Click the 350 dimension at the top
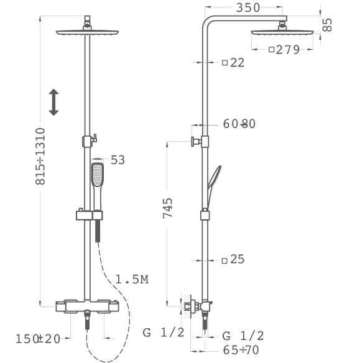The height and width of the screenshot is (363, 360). pyautogui.click(x=247, y=7)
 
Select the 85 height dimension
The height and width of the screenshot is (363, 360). pyautogui.click(x=327, y=25)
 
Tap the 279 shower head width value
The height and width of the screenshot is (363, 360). pyautogui.click(x=288, y=50)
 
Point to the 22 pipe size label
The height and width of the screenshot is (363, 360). pyautogui.click(x=238, y=63)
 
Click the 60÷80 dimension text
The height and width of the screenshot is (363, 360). pyautogui.click(x=239, y=124)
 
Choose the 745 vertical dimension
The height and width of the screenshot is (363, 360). pyautogui.click(x=168, y=208)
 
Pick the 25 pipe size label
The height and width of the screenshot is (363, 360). pyautogui.click(x=238, y=259)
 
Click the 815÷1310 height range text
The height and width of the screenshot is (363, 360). pyautogui.click(x=40, y=156)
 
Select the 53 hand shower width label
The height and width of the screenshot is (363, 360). pyautogui.click(x=118, y=160)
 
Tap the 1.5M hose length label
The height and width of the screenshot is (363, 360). pyautogui.click(x=132, y=280)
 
